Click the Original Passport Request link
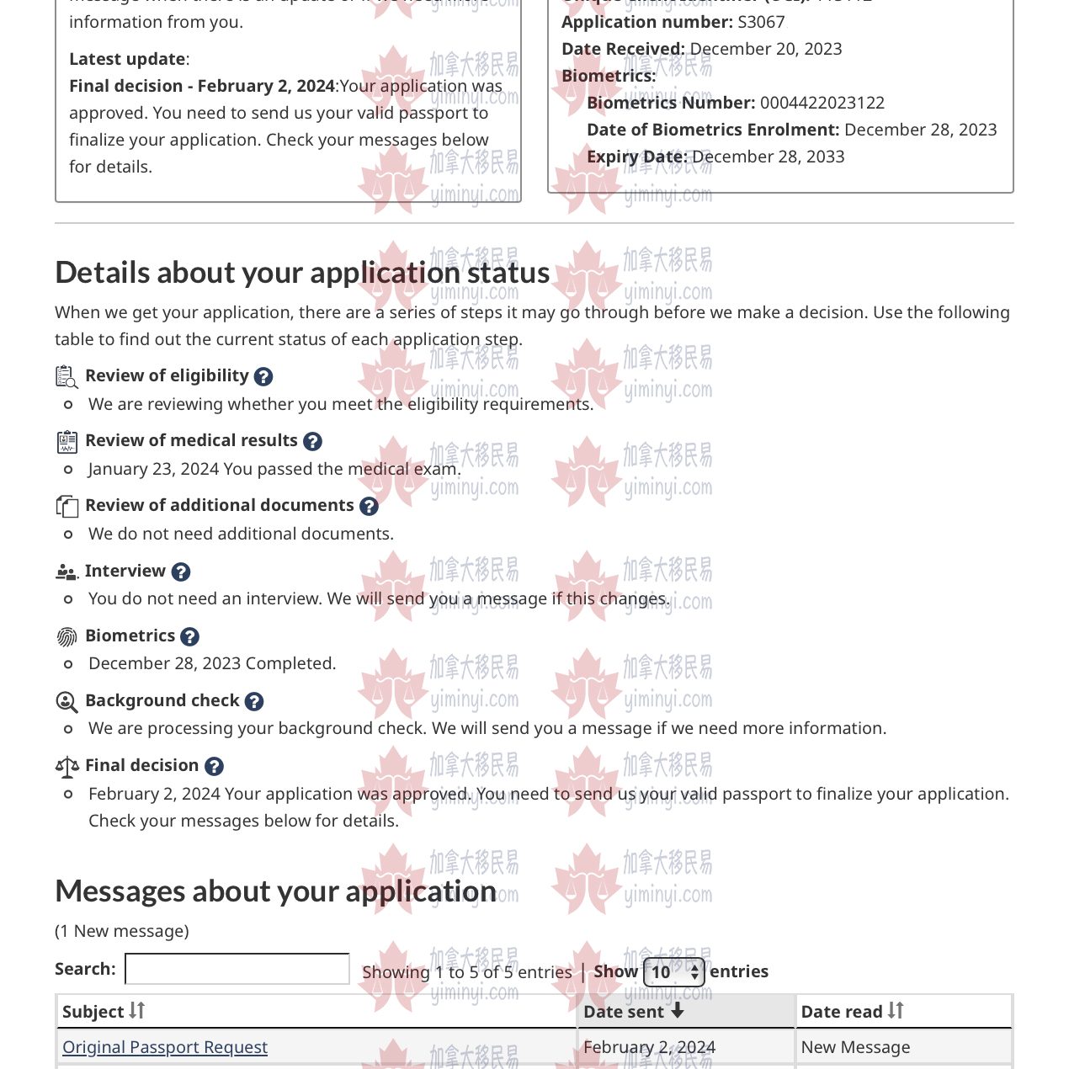pyautogui.click(x=165, y=1047)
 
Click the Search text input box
pyautogui.click(x=237, y=969)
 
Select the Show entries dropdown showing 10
pyautogui.click(x=674, y=972)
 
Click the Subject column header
pyautogui.click(x=104, y=1011)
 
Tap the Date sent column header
pyautogui.click(x=634, y=1011)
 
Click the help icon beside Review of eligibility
pyautogui.click(x=263, y=376)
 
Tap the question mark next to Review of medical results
pyautogui.click(x=312, y=441)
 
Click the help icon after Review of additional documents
pyautogui.click(x=369, y=506)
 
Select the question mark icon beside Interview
pyautogui.click(x=181, y=572)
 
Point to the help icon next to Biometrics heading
pyautogui.click(x=190, y=636)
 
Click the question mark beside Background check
pyautogui.click(x=254, y=701)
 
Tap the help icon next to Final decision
pyautogui.click(x=215, y=766)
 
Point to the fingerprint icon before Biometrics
pyautogui.click(x=66, y=636)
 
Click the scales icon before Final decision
pyautogui.click(x=66, y=766)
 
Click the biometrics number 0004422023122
pyautogui.click(x=822, y=103)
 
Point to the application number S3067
pyautogui.click(x=761, y=22)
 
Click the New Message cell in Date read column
pyautogui.click(x=855, y=1047)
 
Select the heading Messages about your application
pyautogui.click(x=276, y=891)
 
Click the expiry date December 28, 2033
pyautogui.click(x=768, y=157)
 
